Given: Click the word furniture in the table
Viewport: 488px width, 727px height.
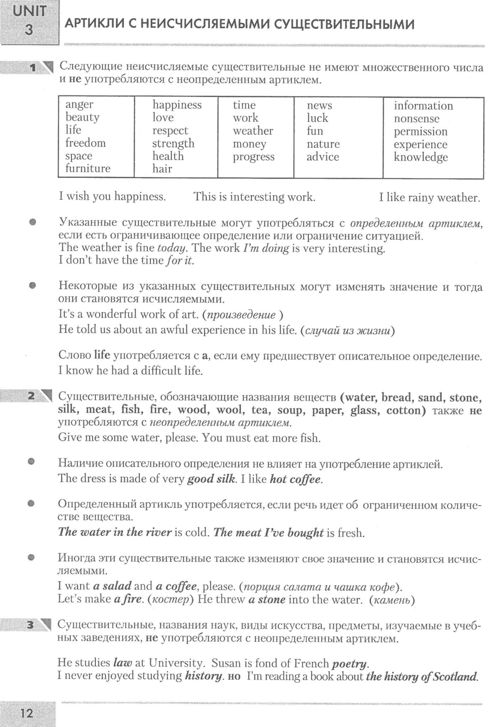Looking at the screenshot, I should [x=88, y=168].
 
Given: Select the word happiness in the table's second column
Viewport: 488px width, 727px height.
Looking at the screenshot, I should [x=177, y=105].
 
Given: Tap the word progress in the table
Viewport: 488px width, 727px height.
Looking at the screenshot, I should [x=254, y=157].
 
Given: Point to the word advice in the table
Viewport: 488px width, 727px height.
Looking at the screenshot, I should [x=323, y=157].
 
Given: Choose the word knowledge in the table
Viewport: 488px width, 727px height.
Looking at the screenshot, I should [x=421, y=157].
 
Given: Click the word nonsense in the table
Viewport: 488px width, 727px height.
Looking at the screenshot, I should [x=416, y=119].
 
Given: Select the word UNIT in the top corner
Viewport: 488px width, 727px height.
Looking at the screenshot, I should [x=29, y=12].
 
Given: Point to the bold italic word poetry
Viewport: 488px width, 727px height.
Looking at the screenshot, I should [x=349, y=664].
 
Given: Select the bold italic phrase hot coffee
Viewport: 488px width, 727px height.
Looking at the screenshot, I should [x=295, y=479].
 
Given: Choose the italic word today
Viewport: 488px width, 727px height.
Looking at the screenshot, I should [x=171, y=248].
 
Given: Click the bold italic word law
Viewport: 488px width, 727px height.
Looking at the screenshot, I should [x=123, y=663].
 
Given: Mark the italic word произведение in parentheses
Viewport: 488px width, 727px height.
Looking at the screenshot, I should [x=241, y=315].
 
